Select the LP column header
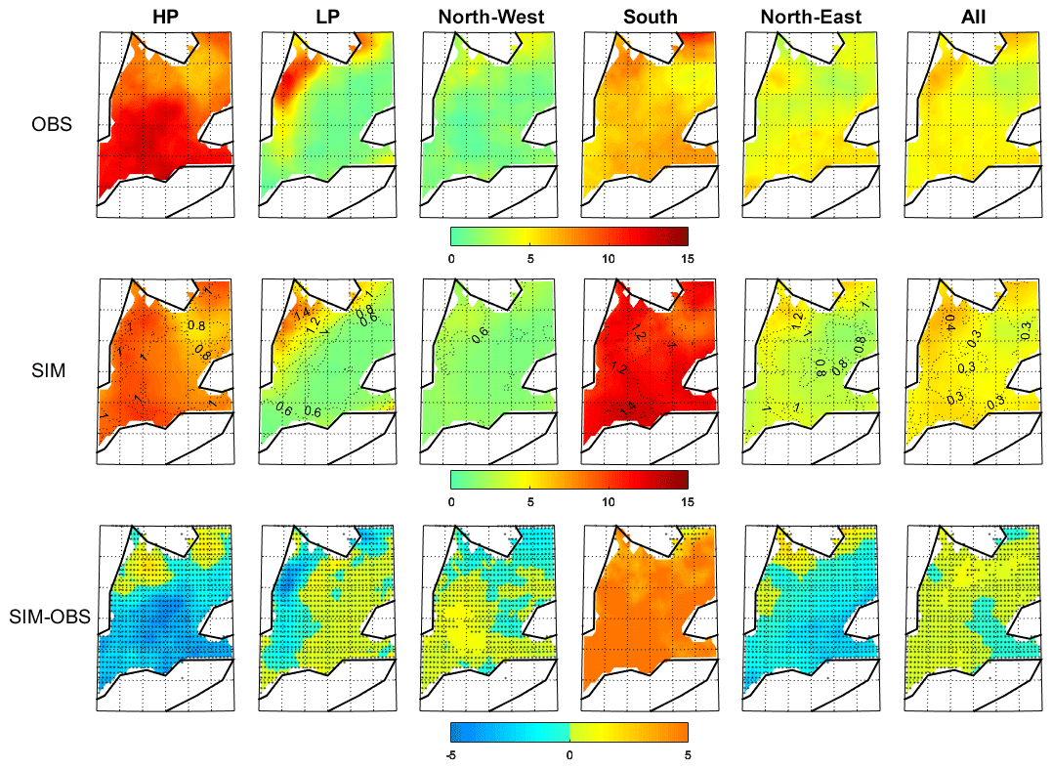coord(328,17)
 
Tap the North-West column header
coord(488,17)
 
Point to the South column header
coord(652,17)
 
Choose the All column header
coord(975,17)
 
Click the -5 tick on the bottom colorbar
coord(450,754)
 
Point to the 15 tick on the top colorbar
coord(687,259)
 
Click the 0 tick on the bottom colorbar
coord(569,754)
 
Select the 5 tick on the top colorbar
coord(529,259)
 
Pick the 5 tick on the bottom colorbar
coord(687,754)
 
